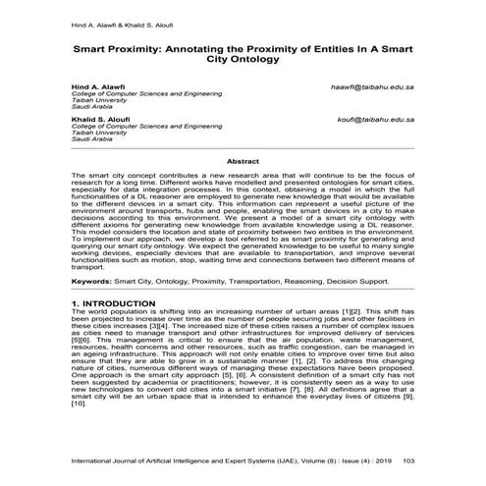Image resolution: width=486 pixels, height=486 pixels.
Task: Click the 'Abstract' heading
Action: click(x=243, y=160)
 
